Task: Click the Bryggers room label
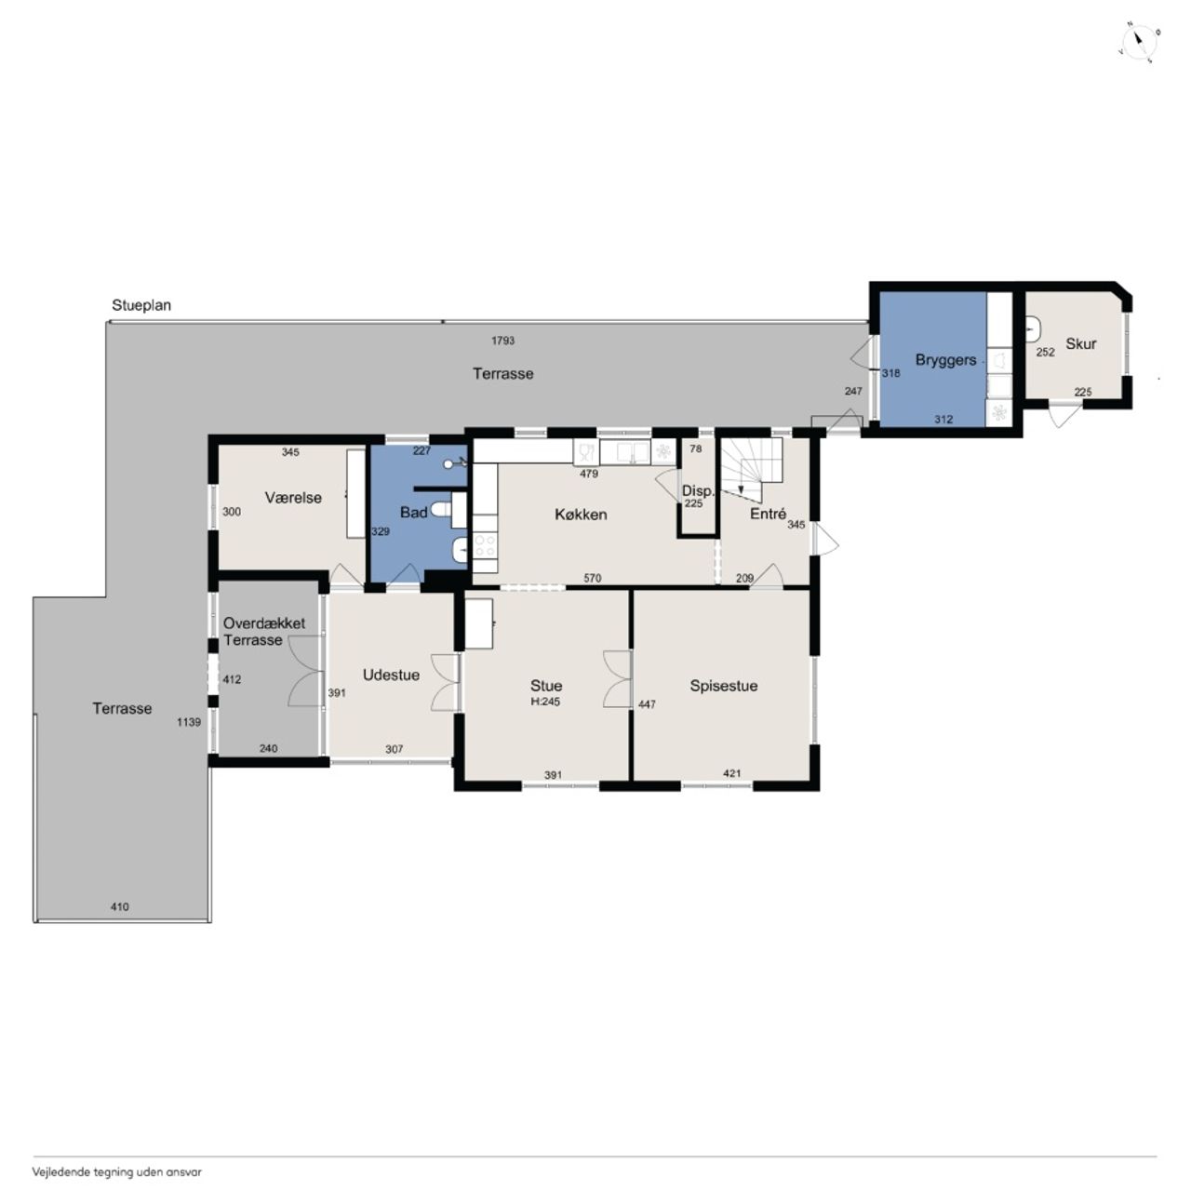[945, 360]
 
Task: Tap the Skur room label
[1080, 343]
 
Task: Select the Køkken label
[581, 515]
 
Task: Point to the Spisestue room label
[723, 686]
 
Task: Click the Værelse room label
[293, 498]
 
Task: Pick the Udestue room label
[391, 675]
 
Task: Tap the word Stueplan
[141, 305]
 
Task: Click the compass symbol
[1139, 43]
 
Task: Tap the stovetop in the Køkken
[485, 546]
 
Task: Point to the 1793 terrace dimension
[502, 341]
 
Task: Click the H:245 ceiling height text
[545, 702]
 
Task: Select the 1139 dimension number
[189, 722]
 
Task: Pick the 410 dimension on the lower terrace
[119, 906]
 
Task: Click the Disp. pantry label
[698, 490]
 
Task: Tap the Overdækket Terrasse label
[264, 632]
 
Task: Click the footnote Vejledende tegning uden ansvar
[117, 1171]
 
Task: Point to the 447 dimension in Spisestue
[647, 704]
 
